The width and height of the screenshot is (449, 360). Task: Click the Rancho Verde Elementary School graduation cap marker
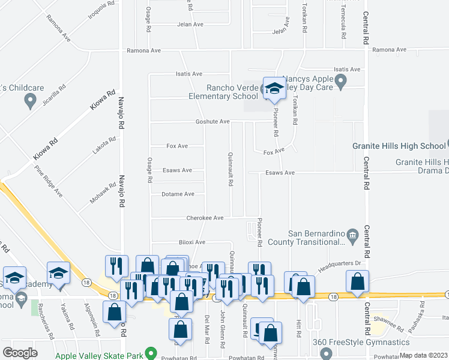coord(274,89)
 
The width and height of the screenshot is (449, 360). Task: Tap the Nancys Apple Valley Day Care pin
coord(341,81)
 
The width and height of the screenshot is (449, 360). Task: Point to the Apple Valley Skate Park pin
coord(151,354)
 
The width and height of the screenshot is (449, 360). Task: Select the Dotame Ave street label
coord(178,194)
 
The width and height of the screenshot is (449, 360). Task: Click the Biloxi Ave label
coord(192,242)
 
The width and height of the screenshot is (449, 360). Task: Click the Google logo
coord(20,353)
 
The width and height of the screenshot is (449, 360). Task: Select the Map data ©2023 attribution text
coord(424,355)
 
